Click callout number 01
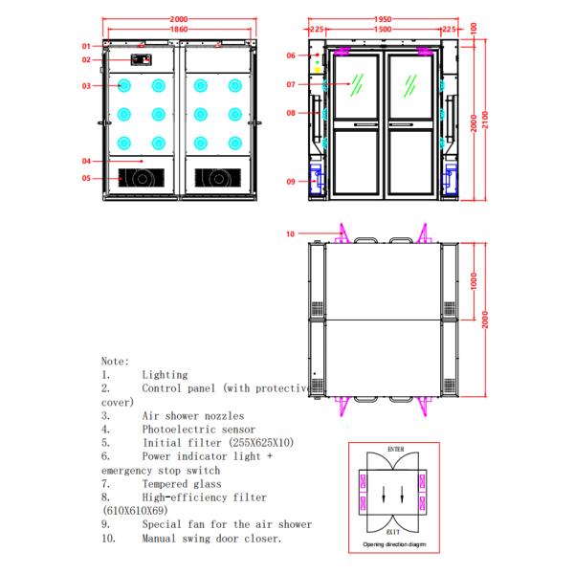(x=85, y=46)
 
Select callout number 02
(x=85, y=60)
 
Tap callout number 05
(x=85, y=178)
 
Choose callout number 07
(x=291, y=84)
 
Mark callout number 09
(x=291, y=181)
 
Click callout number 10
(x=291, y=232)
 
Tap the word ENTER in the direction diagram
(x=396, y=448)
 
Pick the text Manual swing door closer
(x=211, y=539)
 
